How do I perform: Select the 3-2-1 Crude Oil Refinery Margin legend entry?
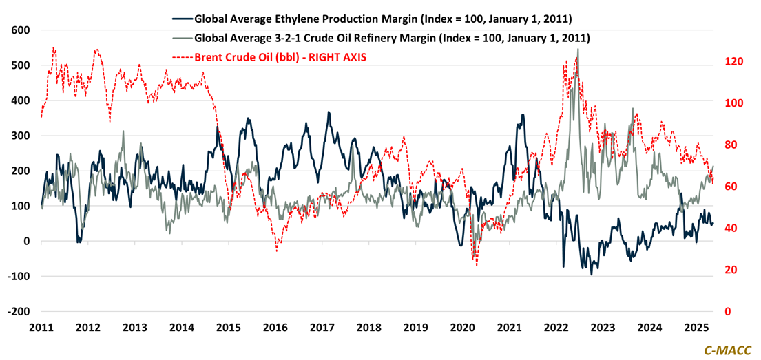pyautogui.click(x=392, y=38)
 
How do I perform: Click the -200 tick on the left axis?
pyautogui.click(x=20, y=311)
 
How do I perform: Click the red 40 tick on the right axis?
pyautogui.click(x=731, y=229)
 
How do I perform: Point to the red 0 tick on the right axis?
pyautogui.click(x=729, y=312)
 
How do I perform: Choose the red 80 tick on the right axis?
pyautogui.click(x=731, y=145)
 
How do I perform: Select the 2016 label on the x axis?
pyautogui.click(x=275, y=327)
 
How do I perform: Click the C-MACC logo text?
pyautogui.click(x=727, y=350)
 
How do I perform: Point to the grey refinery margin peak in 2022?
pyautogui.click(x=578, y=50)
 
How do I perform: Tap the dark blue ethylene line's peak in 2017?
pyautogui.click(x=329, y=112)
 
